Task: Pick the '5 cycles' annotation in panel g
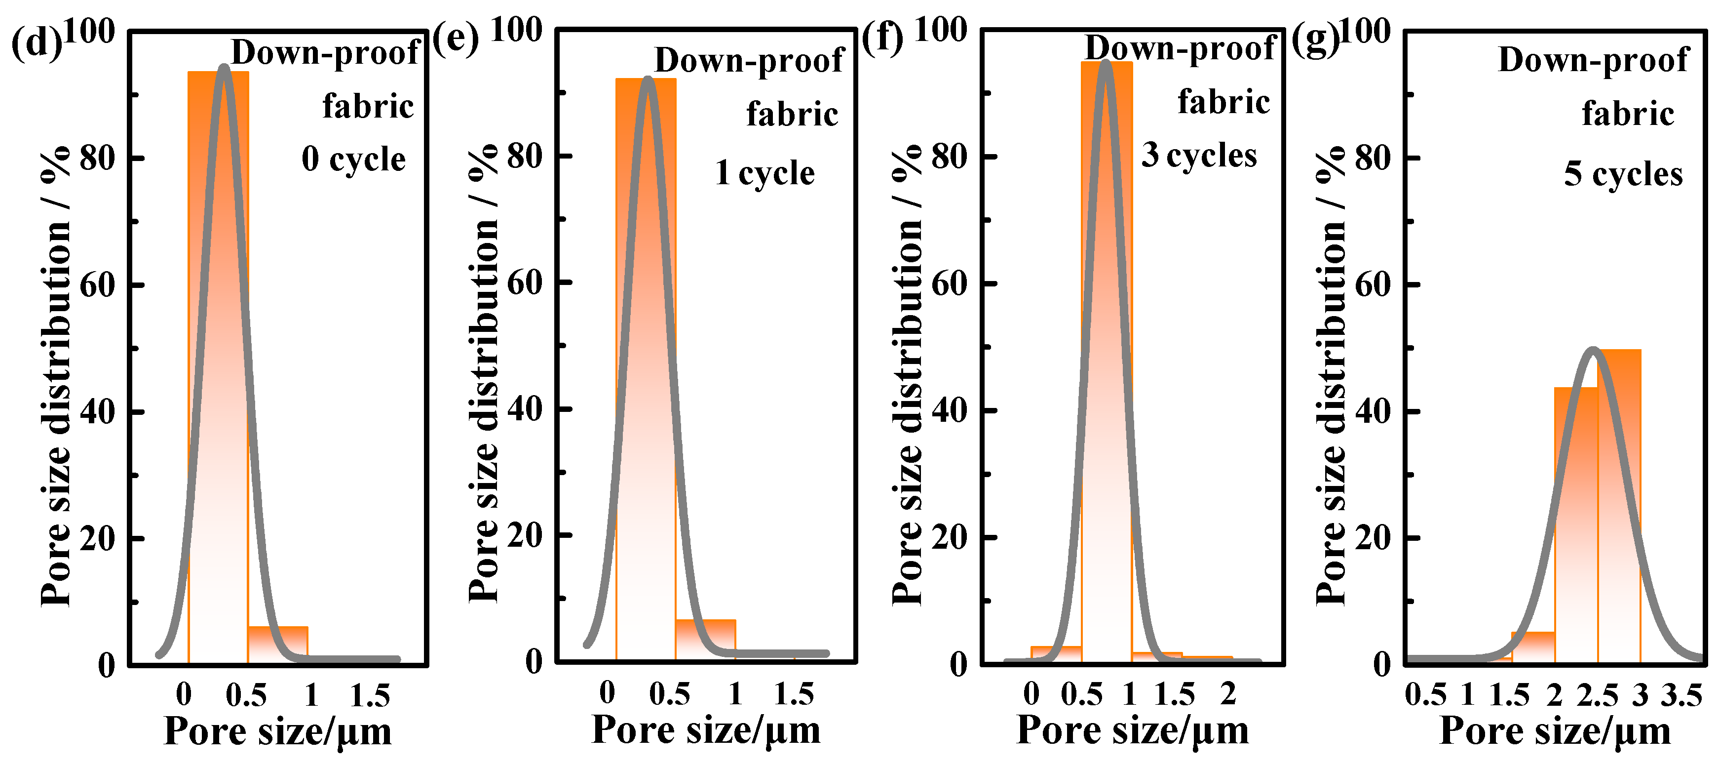coord(1623,174)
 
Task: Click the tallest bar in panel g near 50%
coord(1619,507)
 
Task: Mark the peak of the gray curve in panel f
coord(1106,63)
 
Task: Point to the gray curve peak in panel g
coord(1593,350)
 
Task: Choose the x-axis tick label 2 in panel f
coord(1228,694)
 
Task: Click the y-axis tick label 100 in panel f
coord(940,31)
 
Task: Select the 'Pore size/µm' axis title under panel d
coord(277,731)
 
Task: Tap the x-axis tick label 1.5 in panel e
coord(794,694)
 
